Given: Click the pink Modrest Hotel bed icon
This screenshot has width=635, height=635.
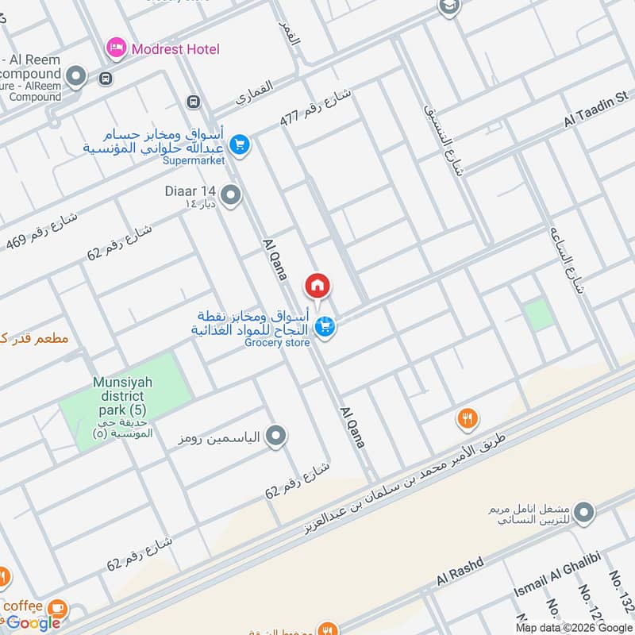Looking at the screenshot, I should pos(117,49).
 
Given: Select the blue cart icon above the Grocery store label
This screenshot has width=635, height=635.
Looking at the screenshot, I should pos(324,325).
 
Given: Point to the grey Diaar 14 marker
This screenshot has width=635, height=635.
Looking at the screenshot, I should pos(231,194).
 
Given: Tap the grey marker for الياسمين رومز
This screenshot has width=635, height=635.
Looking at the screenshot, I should pos(276,436).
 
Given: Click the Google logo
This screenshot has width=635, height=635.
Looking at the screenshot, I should pos(33,623).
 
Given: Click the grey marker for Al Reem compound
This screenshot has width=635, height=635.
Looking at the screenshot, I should pos(76,77).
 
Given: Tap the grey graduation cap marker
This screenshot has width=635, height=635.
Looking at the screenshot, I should pos(449,6).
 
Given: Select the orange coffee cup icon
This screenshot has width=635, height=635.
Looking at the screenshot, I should pos(56,608).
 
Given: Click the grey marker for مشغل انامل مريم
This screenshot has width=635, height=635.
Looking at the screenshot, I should pos(584,513).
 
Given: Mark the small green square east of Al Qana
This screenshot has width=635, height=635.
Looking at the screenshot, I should pos(540,315).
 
